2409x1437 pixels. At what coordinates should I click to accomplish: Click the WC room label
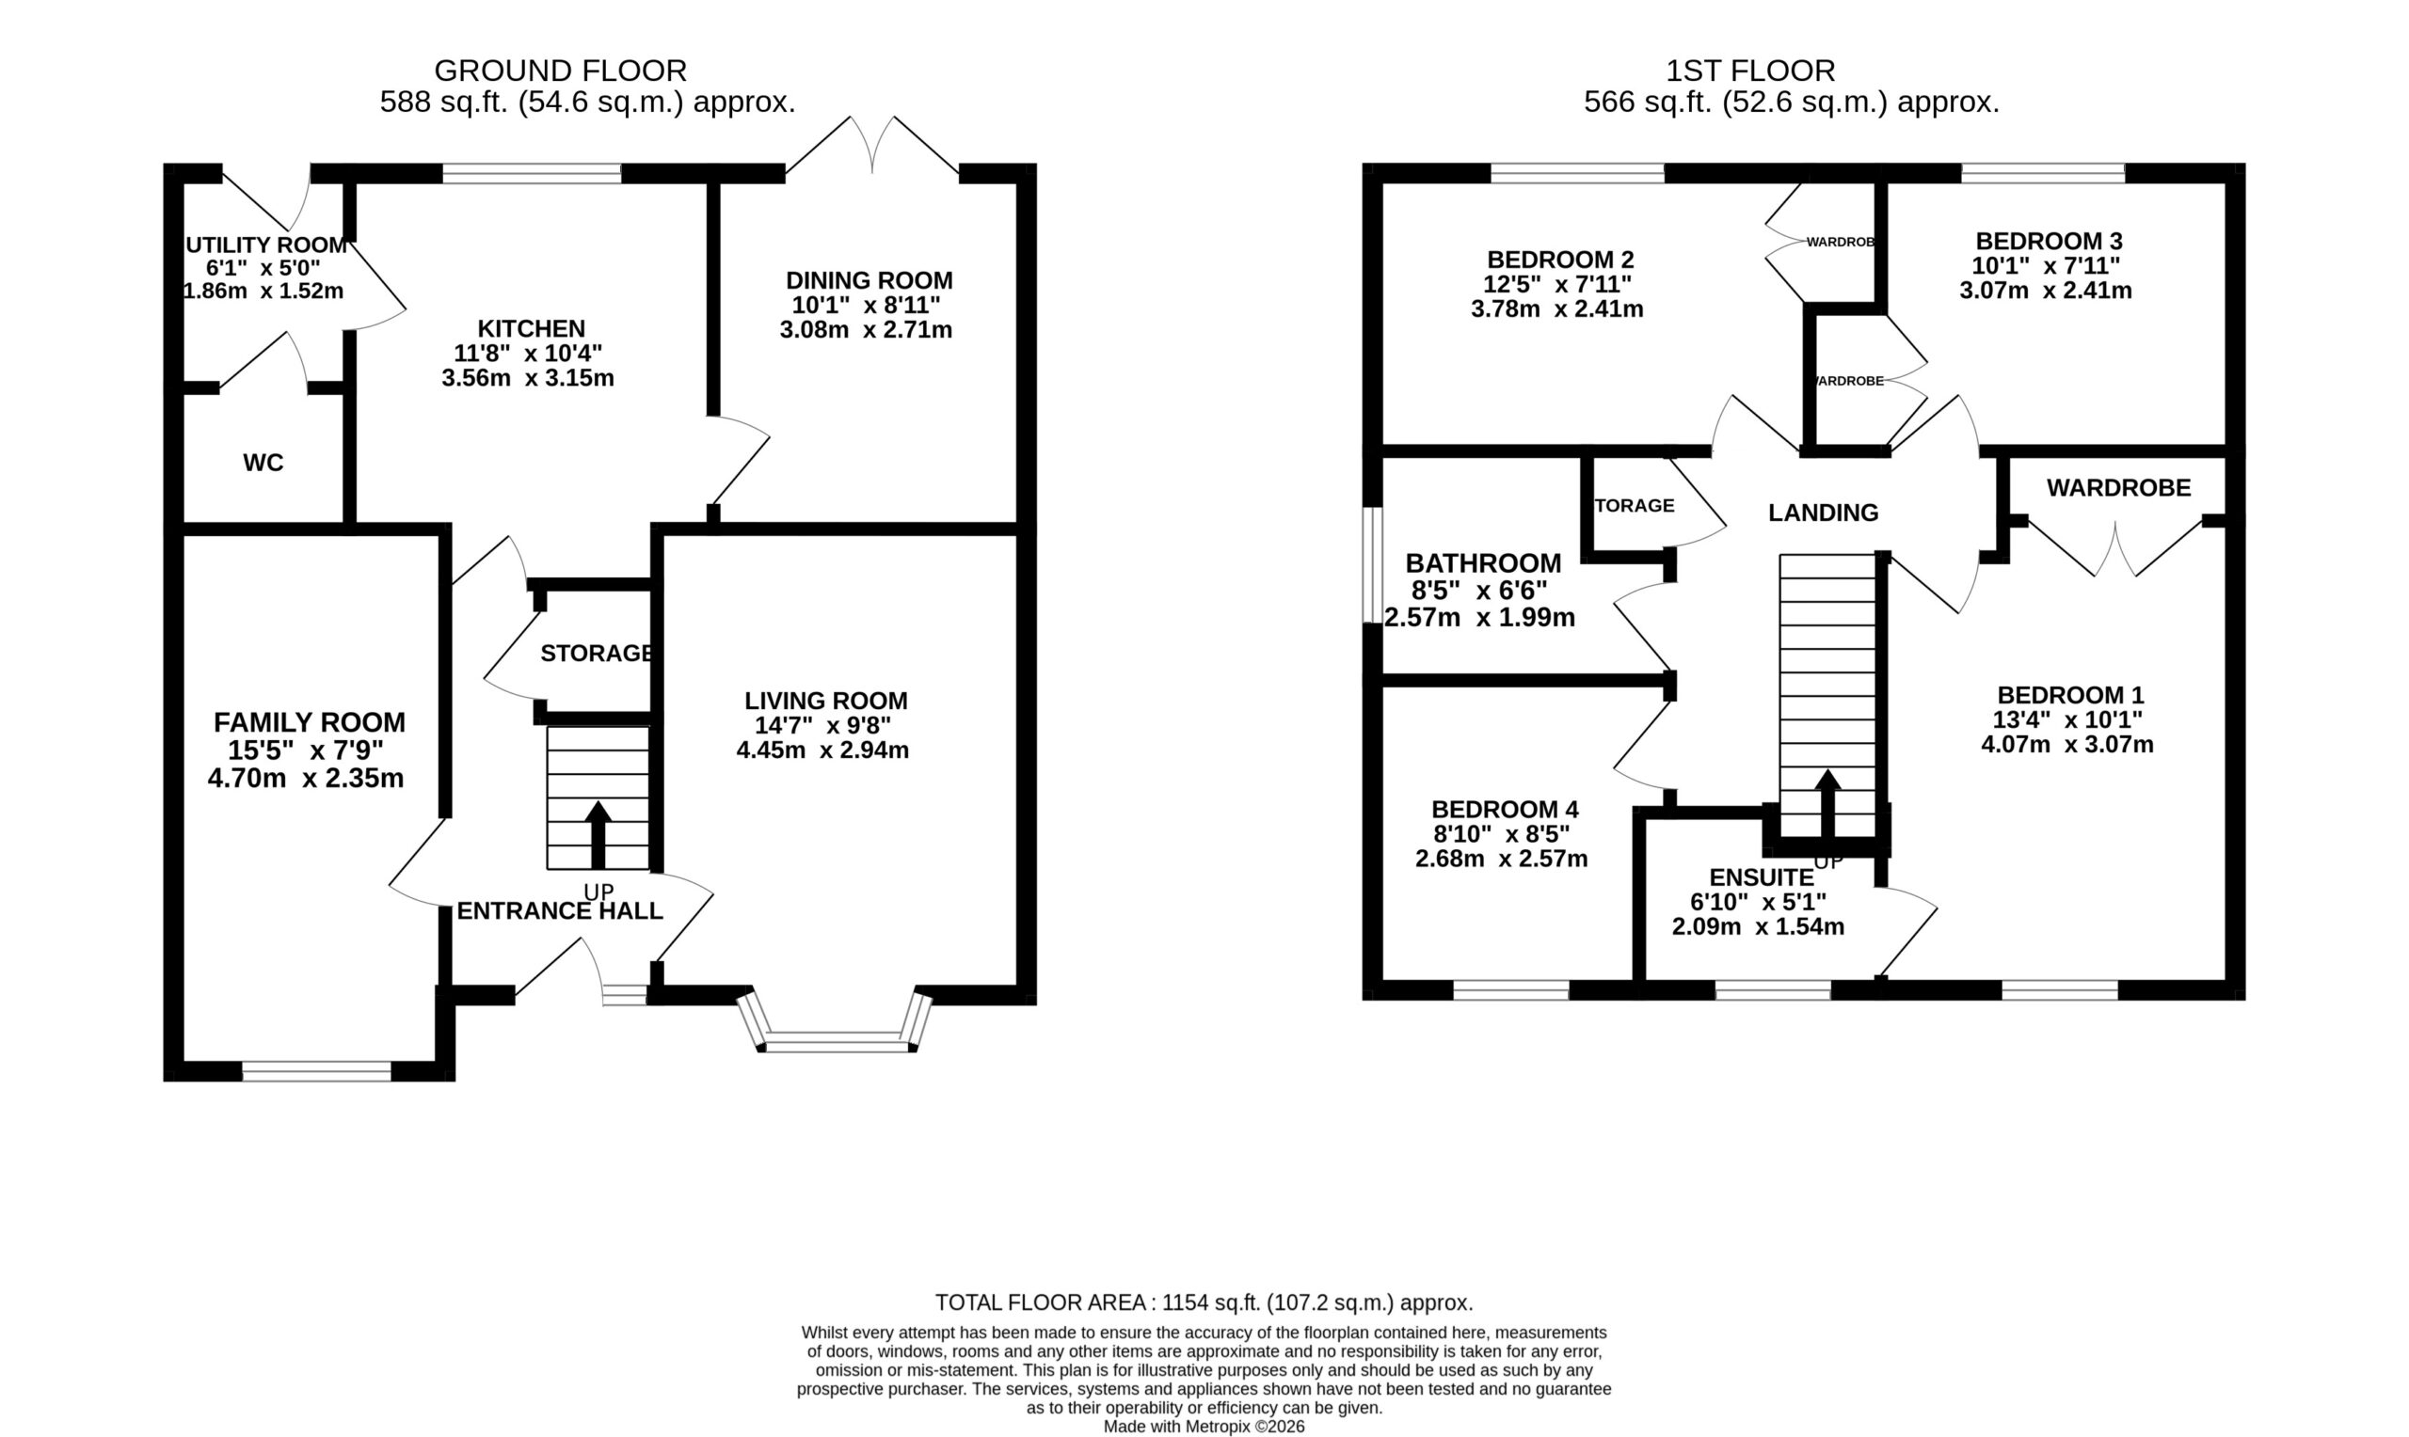click(x=263, y=463)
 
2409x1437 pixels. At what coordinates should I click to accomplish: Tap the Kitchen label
click(x=531, y=328)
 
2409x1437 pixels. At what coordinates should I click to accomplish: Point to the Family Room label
click(x=309, y=722)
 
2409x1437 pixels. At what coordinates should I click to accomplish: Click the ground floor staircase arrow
click(x=598, y=835)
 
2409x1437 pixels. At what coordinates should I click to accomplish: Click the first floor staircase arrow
click(x=1827, y=803)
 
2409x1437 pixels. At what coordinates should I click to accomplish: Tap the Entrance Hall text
click(x=560, y=911)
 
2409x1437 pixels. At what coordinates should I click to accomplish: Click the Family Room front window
click(x=316, y=1071)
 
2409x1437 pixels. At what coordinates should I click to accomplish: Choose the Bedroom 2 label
click(x=1560, y=260)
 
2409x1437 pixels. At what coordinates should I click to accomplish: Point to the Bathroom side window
click(x=1373, y=564)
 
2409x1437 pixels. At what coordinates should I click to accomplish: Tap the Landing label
click(x=1823, y=513)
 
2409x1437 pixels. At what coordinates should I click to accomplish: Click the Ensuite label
click(x=1761, y=877)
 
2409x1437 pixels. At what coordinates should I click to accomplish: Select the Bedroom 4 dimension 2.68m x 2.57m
click(x=1501, y=859)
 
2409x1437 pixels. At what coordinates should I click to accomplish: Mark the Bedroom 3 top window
click(x=2043, y=173)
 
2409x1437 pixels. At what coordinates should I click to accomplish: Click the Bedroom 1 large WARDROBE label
click(x=2118, y=488)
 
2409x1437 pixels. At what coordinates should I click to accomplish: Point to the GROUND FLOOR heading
click(x=560, y=71)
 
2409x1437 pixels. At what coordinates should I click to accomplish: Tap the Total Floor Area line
click(x=1204, y=1303)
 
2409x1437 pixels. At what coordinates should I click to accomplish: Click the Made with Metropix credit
click(x=1204, y=1427)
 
